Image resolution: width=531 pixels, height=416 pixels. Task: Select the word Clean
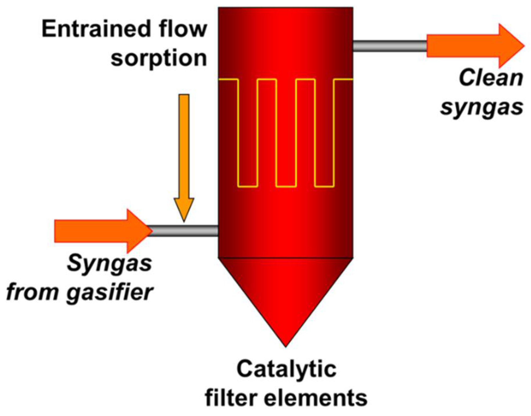pyautogui.click(x=491, y=78)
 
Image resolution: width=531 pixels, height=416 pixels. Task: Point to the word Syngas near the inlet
pyautogui.click(x=109, y=263)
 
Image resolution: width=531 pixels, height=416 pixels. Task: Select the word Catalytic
pyautogui.click(x=286, y=369)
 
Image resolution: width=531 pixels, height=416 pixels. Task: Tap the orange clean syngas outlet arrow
pyautogui.click(x=475, y=46)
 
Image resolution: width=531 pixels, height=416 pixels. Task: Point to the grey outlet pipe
pyautogui.click(x=390, y=46)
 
